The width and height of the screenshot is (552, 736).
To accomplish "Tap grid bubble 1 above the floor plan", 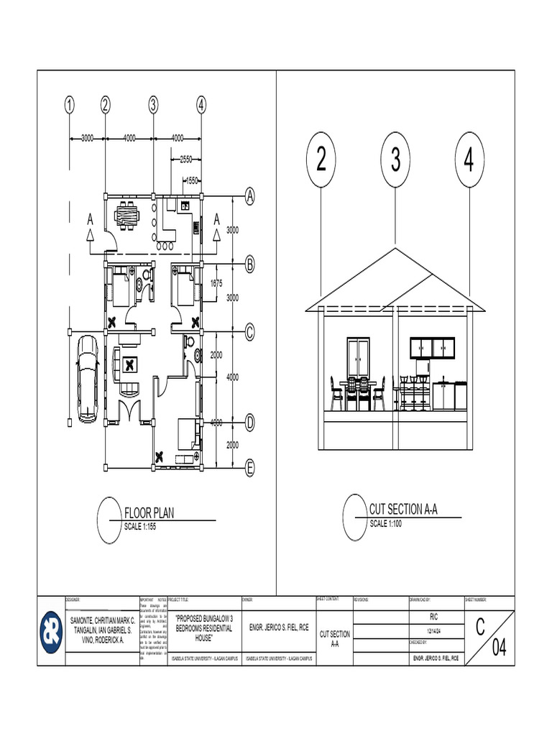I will (x=70, y=105).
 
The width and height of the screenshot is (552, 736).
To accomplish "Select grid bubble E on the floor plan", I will (x=250, y=469).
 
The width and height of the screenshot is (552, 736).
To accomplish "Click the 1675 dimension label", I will (x=216, y=283).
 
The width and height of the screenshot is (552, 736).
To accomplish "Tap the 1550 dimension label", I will (x=192, y=181).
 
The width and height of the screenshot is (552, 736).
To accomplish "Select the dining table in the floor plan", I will (x=129, y=213).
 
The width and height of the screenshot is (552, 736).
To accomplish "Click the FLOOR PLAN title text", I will (x=149, y=513).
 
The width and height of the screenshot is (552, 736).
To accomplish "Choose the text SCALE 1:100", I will (x=388, y=523).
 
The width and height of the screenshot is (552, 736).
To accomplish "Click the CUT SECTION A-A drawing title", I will (x=403, y=510).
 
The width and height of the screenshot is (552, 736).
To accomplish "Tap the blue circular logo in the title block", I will (x=50, y=632).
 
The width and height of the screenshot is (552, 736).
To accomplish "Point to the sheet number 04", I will (x=499, y=649).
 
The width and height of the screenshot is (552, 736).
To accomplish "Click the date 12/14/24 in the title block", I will (x=434, y=630).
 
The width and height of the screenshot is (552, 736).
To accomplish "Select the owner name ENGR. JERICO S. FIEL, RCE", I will (x=278, y=627).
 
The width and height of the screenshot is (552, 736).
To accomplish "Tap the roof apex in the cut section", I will (x=395, y=249).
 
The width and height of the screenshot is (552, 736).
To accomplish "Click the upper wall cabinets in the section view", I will (x=433, y=348).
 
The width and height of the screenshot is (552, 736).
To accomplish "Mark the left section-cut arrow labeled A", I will (x=91, y=226).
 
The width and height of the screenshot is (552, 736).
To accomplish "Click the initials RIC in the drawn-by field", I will (x=434, y=617).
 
